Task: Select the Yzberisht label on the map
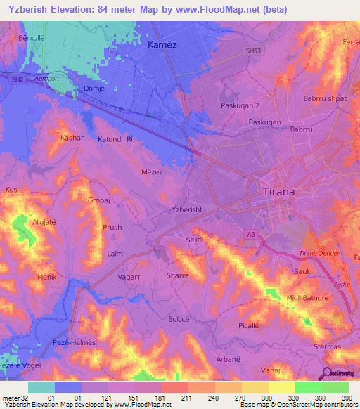pos(191,209)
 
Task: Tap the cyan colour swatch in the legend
pos(41,387)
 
